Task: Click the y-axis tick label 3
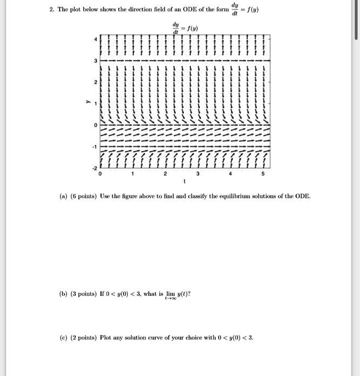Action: (x=96, y=61)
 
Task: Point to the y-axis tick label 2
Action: (x=96, y=83)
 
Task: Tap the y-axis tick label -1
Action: (x=95, y=146)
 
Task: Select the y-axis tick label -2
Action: (x=95, y=167)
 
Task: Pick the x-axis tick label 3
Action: (x=198, y=174)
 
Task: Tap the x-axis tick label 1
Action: (x=132, y=174)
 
